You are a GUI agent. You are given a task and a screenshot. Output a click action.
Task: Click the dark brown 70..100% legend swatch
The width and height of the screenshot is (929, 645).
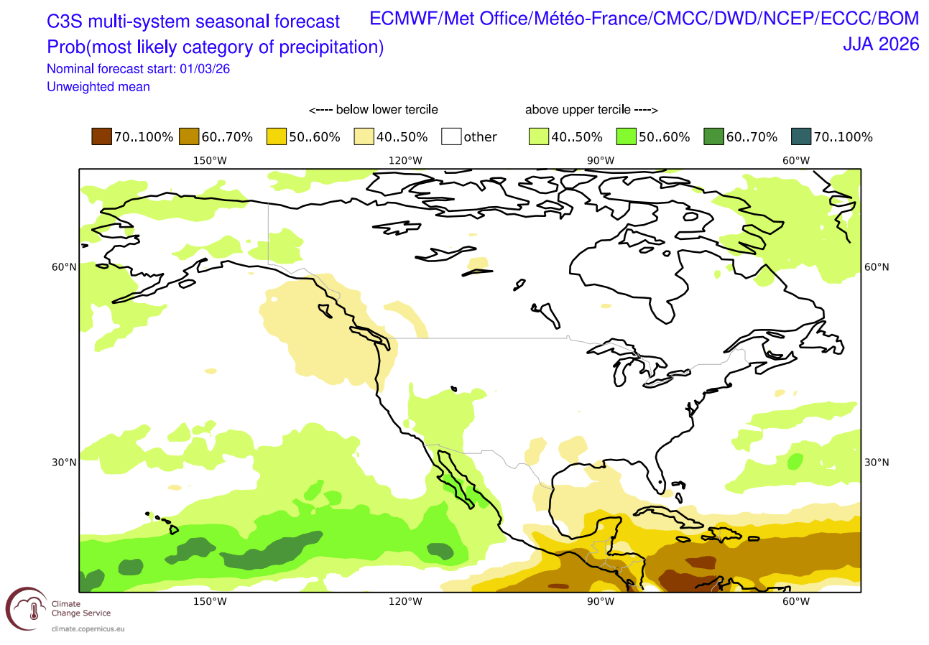click(x=101, y=136)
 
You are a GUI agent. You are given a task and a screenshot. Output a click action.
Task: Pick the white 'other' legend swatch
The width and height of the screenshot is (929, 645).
click(x=451, y=136)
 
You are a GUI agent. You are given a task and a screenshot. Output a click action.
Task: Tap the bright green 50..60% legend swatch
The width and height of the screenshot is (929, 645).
click(x=626, y=136)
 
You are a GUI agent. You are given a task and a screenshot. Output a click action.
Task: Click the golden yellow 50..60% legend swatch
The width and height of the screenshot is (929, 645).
click(x=276, y=136)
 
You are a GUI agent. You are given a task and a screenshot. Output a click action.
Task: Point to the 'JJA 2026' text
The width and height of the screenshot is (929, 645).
click(x=881, y=44)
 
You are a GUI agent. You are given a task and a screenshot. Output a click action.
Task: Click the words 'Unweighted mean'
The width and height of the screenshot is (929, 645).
click(x=98, y=87)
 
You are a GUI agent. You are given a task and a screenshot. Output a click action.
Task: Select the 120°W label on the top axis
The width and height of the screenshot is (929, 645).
click(x=406, y=159)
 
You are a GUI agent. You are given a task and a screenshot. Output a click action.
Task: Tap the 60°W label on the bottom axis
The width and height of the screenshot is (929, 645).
click(x=795, y=601)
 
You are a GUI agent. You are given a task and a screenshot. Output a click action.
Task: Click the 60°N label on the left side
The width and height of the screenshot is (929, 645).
click(x=64, y=267)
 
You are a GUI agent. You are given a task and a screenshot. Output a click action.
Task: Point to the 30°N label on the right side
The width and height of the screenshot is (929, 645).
click(x=875, y=462)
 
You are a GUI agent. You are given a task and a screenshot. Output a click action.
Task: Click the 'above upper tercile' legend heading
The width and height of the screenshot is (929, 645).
click(x=591, y=110)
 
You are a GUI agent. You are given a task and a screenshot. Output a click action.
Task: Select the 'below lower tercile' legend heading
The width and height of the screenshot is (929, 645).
click(x=373, y=110)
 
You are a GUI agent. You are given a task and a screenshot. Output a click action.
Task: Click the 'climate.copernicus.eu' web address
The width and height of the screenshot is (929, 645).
click(x=87, y=628)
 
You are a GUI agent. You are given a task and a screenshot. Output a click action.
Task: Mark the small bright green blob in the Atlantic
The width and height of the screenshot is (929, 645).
click(x=795, y=461)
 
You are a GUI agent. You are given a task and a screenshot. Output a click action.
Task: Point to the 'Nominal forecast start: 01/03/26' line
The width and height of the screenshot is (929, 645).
click(x=138, y=70)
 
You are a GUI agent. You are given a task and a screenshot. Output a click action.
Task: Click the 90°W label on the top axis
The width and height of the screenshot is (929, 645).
click(x=601, y=159)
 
